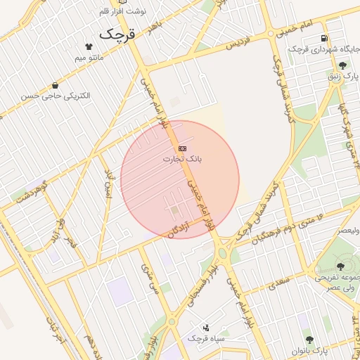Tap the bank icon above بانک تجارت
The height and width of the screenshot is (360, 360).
click(x=182, y=148)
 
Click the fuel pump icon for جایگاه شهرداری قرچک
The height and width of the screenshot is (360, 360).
click(x=323, y=38)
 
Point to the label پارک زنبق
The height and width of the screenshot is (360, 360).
click(x=337, y=75)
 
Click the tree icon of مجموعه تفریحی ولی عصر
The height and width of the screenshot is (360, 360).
click(x=341, y=266)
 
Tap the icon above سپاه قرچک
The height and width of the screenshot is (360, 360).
click(x=206, y=327)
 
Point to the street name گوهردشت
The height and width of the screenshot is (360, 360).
click(x=32, y=195)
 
